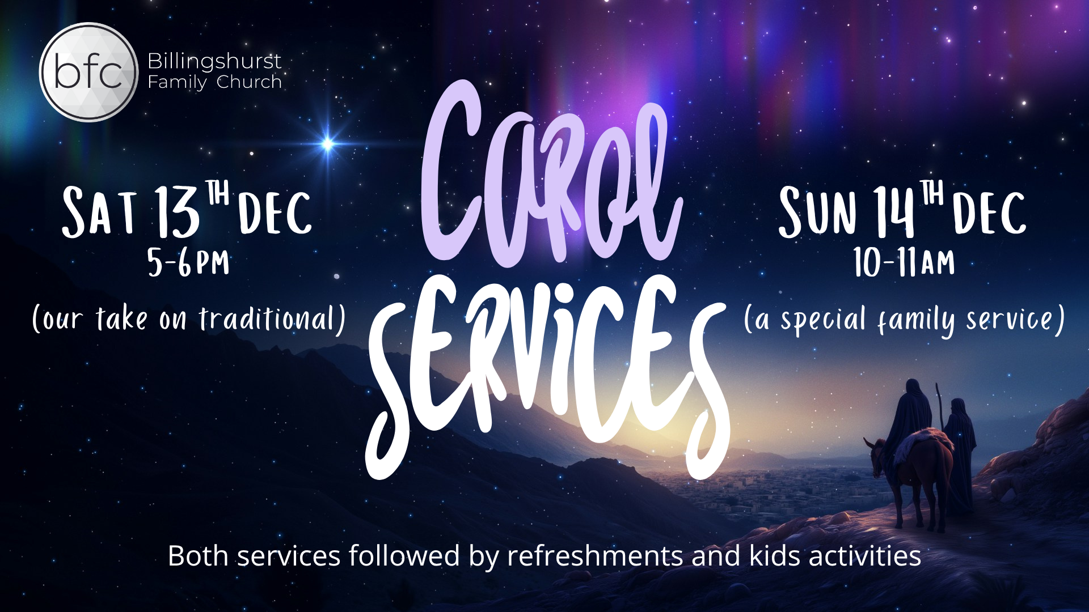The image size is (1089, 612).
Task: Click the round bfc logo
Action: tap(89, 72)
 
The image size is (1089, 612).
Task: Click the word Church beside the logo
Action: tap(249, 82)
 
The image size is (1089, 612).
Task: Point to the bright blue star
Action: tap(327, 144)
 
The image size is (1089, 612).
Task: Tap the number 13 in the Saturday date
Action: tap(178, 211)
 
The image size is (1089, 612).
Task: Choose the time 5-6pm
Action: tap(188, 262)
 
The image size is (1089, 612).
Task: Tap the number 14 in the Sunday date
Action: tap(894, 212)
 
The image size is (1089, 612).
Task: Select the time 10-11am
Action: tap(904, 262)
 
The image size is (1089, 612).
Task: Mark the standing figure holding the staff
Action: tap(960, 453)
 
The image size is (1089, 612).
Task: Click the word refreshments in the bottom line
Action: tap(595, 556)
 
